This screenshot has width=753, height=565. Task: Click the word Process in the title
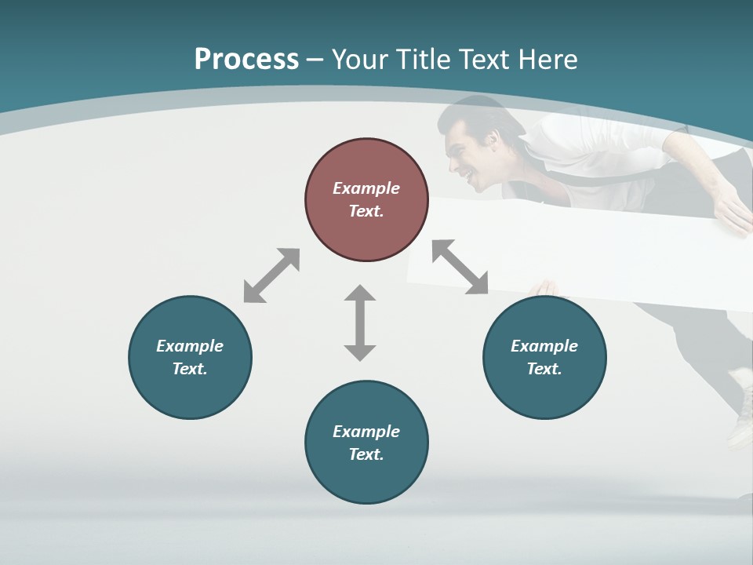[x=246, y=60]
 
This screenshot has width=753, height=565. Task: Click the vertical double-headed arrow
[x=360, y=323]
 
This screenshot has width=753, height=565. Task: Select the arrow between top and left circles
[x=271, y=275]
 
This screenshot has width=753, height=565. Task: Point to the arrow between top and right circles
[x=460, y=267]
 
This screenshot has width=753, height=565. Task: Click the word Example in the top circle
[x=366, y=188]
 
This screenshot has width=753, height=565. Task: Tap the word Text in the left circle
[x=189, y=369]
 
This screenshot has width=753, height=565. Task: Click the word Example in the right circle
[x=544, y=346]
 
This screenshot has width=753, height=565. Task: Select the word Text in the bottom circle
[x=366, y=454]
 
